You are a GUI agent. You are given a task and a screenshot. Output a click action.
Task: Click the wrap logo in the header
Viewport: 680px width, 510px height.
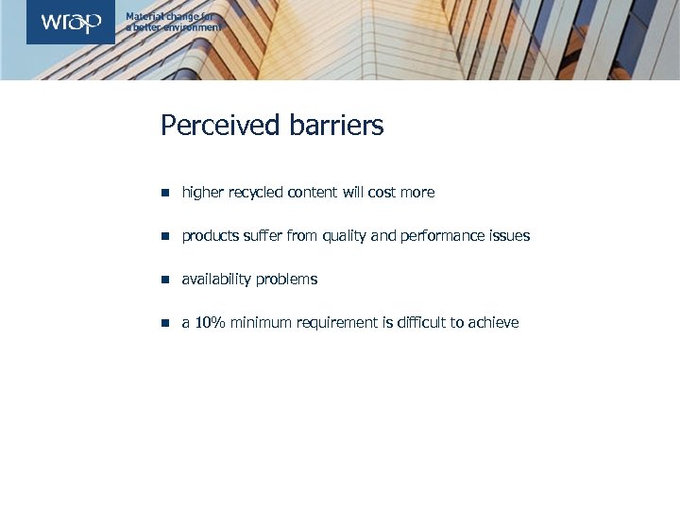71,23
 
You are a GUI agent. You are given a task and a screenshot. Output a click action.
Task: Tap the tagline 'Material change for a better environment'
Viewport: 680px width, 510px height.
174,23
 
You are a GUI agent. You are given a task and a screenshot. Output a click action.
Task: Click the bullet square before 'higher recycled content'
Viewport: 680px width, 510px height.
164,193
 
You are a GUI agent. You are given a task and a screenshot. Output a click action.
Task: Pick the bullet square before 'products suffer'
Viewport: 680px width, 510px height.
164,236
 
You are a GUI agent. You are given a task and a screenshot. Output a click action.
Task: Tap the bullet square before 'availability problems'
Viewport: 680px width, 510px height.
164,280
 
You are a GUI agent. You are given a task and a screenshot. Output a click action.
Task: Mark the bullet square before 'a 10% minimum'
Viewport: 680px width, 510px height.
164,323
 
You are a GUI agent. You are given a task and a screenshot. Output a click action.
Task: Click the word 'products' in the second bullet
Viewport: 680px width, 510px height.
210,236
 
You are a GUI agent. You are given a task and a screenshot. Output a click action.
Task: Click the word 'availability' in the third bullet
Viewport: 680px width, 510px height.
216,280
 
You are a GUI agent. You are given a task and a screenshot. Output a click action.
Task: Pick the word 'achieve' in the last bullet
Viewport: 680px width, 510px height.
493,323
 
